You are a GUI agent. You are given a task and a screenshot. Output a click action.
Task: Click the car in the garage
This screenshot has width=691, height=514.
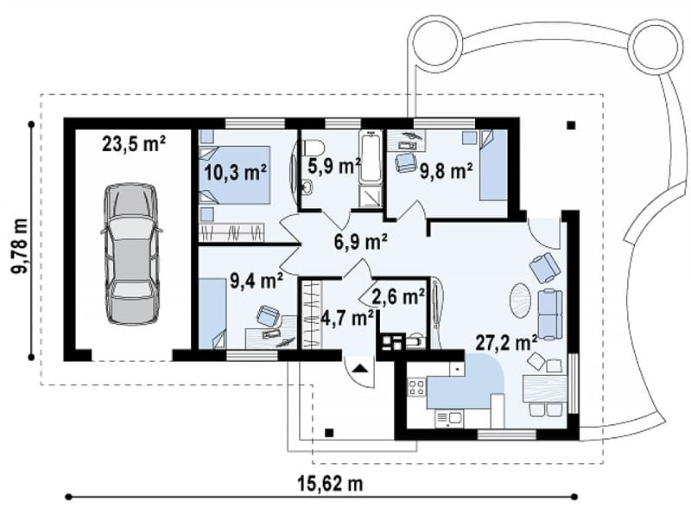click(x=131, y=254)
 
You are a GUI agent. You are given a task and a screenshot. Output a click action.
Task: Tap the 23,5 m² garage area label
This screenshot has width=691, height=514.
click(x=134, y=144)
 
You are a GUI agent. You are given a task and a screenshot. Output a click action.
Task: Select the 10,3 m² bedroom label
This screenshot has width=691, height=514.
click(x=235, y=173)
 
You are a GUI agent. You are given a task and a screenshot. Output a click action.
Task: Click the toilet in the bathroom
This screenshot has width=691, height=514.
click(x=314, y=146)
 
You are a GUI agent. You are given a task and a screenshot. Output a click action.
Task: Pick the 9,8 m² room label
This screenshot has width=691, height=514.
click(x=446, y=171)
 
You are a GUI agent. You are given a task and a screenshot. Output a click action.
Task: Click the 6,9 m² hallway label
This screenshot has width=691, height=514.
click(x=361, y=242)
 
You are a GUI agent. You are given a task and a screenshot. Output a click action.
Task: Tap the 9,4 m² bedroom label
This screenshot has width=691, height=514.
click(x=257, y=280)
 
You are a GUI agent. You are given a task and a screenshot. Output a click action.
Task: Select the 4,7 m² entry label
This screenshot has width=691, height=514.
click(x=348, y=317)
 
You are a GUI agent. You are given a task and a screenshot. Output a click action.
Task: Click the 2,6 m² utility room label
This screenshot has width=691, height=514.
click(x=398, y=296)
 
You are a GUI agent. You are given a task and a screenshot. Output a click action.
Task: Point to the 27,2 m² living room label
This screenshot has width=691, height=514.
click(x=506, y=342)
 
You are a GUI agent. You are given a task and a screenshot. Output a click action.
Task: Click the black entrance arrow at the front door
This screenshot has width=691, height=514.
click(x=360, y=368)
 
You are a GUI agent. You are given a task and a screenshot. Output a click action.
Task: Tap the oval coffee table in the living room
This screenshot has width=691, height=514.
click(x=521, y=301)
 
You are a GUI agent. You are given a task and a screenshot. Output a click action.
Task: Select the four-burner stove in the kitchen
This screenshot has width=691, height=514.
click(x=416, y=387)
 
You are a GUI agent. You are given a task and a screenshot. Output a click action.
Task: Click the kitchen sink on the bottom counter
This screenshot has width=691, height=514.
click(x=448, y=418)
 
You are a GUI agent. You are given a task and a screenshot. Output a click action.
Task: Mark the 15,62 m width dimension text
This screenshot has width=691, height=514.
click(x=330, y=484)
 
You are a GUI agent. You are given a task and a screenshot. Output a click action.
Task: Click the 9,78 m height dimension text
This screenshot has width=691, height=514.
click(x=19, y=246)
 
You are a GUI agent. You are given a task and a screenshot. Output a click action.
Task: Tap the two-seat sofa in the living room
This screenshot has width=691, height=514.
click(x=550, y=314)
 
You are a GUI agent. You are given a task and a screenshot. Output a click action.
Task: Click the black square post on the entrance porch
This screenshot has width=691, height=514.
click(x=329, y=433)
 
